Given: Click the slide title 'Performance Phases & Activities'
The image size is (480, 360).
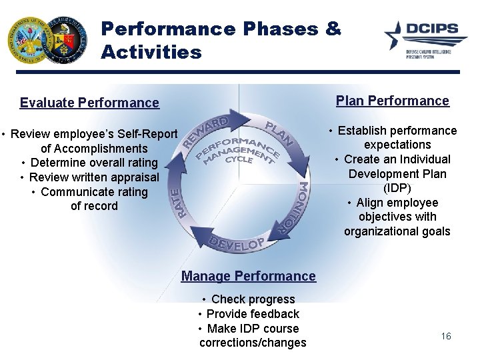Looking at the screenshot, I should tap(220, 40).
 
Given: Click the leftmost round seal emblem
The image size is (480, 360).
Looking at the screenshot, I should tap(31, 41).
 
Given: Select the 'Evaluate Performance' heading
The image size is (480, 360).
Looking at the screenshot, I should tap(89, 103).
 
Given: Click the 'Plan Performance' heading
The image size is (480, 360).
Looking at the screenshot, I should tap(392, 101).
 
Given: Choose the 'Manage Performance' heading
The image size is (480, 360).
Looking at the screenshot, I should tap(248, 276).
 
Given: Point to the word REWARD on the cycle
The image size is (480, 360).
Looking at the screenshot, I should tap(205, 132).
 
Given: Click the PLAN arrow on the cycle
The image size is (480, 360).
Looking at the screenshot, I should tap(279, 133).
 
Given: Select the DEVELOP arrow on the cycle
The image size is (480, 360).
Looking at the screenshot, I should tap(237, 243).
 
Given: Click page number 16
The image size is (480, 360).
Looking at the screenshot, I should tap(446, 336).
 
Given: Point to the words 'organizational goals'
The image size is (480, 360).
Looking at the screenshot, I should tap(397, 231).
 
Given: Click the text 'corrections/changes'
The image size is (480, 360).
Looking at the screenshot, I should tap(253, 343).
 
